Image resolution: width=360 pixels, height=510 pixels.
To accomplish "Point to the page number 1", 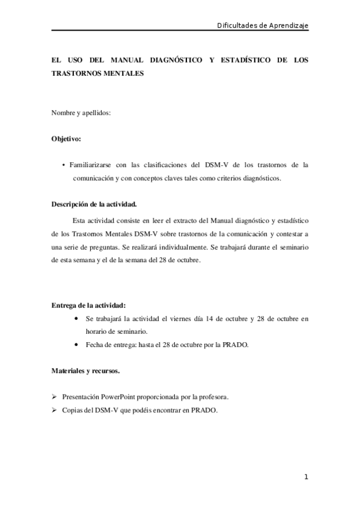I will click(x=306, y=478).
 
